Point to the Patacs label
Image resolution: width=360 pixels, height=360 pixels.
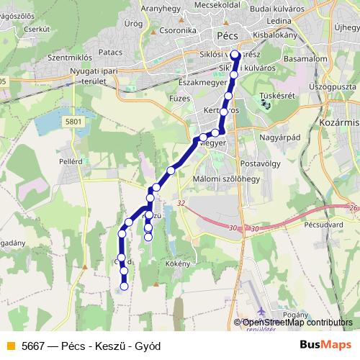(x=110, y=52)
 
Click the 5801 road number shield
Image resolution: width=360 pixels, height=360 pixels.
(x=73, y=122)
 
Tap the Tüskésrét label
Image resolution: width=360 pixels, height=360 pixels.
(x=275, y=94)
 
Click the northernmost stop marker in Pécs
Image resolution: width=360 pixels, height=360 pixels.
(x=235, y=53)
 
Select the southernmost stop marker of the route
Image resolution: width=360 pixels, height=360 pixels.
(x=124, y=286)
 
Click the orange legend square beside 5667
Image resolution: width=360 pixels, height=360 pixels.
(x=10, y=346)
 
